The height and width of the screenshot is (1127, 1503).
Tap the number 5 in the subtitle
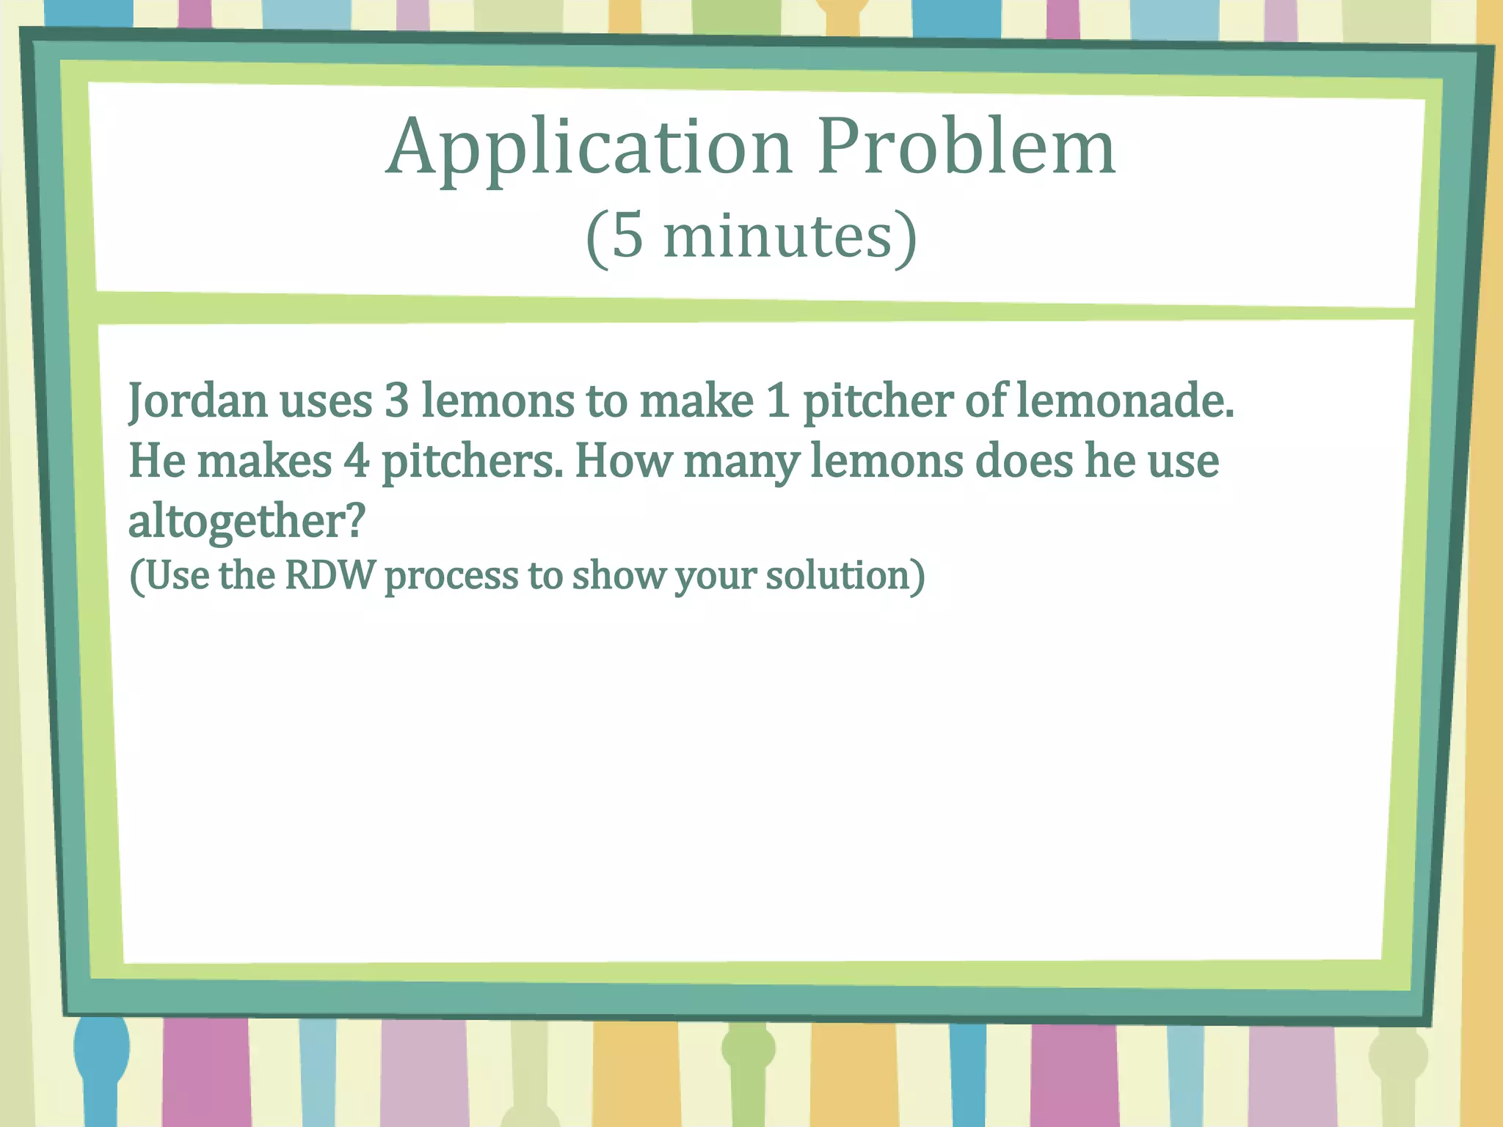tap(627, 236)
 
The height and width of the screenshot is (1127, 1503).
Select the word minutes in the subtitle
tap(777, 236)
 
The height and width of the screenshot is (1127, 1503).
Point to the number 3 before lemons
tap(396, 401)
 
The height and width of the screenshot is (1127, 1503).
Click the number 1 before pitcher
tap(778, 401)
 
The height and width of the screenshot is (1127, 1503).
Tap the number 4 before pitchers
tap(357, 462)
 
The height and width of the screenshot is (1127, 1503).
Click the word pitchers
tap(472, 462)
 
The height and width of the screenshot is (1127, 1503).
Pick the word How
tap(623, 462)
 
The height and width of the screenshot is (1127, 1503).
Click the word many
tap(741, 462)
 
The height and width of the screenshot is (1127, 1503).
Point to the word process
tap(451, 576)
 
